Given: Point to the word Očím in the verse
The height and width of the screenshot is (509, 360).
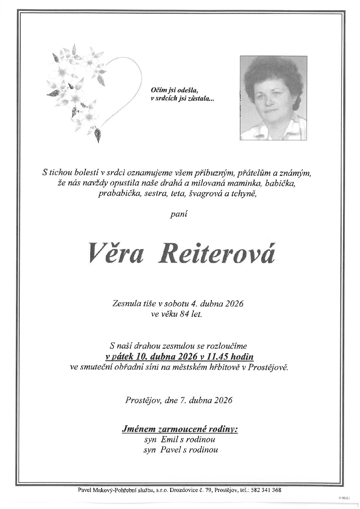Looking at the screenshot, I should point(157,91).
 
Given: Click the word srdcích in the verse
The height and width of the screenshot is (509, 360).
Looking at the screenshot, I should point(166,99).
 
